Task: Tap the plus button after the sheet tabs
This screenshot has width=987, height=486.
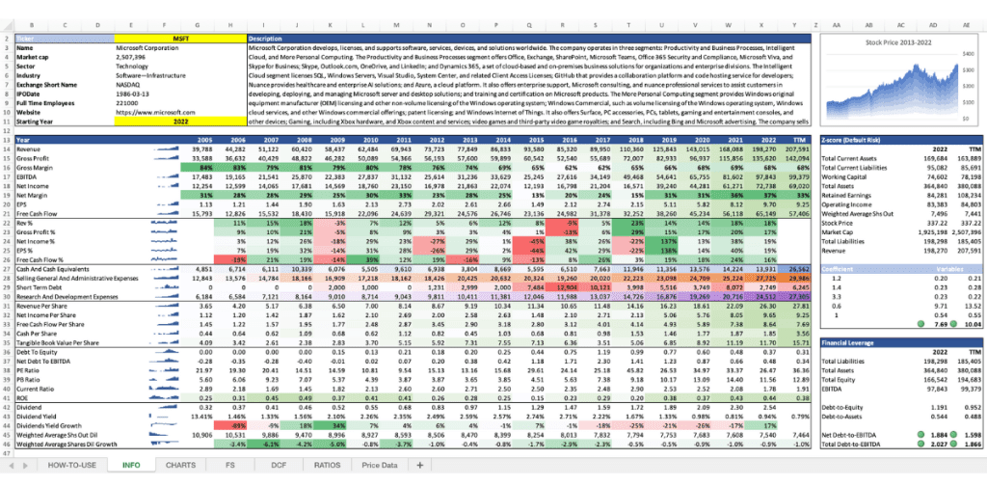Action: click(397, 464)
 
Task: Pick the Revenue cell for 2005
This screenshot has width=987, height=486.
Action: click(201, 149)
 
